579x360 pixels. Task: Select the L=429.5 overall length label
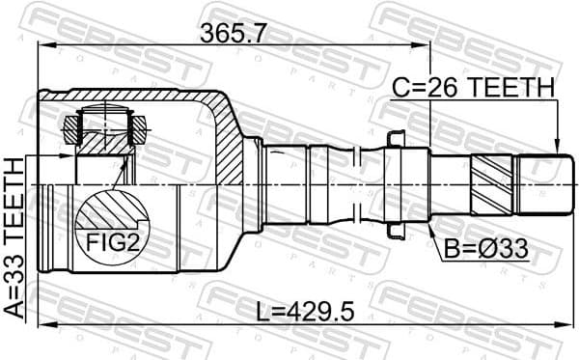308,312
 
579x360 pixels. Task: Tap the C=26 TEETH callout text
473,89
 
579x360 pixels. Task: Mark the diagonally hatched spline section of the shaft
494,183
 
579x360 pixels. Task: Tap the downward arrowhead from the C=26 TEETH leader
558,145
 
